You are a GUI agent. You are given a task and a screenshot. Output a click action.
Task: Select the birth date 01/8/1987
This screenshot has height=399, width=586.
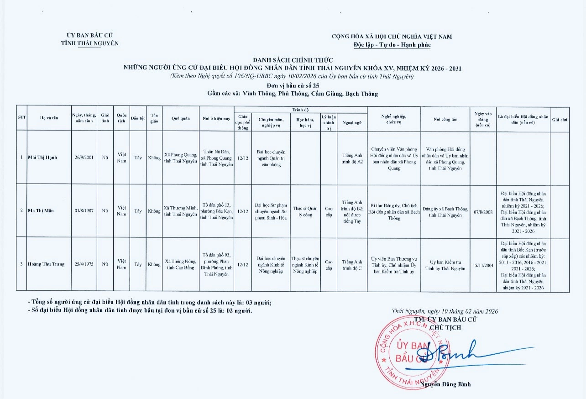pos(84,211)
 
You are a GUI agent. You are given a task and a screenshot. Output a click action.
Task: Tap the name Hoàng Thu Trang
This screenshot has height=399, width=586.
pos(46,264)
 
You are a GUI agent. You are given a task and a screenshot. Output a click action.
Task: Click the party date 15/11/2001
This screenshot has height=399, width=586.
pos(483,265)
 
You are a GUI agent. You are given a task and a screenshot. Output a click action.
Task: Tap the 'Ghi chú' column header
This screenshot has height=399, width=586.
pos(560,120)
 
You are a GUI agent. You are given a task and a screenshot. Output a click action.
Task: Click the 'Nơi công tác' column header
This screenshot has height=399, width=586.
pos(445,120)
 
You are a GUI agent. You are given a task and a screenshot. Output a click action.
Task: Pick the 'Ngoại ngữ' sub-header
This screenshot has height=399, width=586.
pos(351,122)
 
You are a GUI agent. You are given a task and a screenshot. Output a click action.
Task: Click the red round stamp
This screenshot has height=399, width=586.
pos(406,352)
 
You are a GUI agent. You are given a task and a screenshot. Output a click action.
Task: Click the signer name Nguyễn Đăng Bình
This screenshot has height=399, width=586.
pos(445,384)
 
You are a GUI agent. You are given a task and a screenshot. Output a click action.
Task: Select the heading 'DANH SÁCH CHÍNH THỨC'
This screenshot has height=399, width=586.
pos(293,60)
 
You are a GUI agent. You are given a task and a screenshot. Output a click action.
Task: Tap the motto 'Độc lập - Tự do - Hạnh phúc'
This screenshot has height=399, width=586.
pos(392,45)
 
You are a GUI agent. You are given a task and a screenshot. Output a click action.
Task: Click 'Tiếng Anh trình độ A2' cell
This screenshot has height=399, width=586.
pos(351,158)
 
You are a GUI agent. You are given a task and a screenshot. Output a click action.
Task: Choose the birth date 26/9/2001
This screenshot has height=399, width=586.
pos(84,158)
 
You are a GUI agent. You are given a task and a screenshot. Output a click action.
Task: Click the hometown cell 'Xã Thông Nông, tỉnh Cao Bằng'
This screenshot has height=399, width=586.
pos(180,264)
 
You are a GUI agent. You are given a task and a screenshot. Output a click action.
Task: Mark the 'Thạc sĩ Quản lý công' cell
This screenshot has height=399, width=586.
pos(305,211)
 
